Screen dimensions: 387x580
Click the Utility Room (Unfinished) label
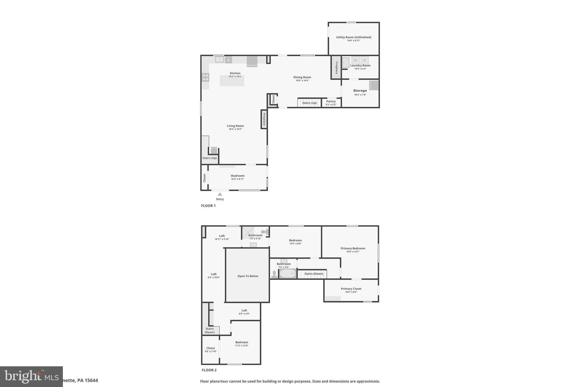point(353,37)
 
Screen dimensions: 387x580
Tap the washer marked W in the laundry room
point(355,60)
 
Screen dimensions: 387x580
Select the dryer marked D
point(364,60)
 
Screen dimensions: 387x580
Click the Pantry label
point(331,101)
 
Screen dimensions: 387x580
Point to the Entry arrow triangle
point(220,194)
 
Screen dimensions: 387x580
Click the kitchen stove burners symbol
point(206,77)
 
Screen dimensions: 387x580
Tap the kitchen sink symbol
point(219,60)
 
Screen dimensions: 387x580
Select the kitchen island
point(232,81)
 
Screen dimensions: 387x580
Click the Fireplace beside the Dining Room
point(336,67)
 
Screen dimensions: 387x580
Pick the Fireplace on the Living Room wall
point(264,119)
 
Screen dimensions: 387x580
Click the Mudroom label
point(237,176)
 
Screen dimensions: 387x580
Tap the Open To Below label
point(248,276)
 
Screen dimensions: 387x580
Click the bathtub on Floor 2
point(288,274)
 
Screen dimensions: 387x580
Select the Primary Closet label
point(351,289)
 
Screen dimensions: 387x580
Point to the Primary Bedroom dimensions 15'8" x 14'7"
point(353,252)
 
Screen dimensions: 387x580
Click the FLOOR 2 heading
point(209,370)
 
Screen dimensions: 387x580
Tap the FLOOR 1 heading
point(208,206)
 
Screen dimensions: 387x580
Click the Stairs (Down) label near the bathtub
point(314,274)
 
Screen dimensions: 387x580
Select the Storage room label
point(360,91)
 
